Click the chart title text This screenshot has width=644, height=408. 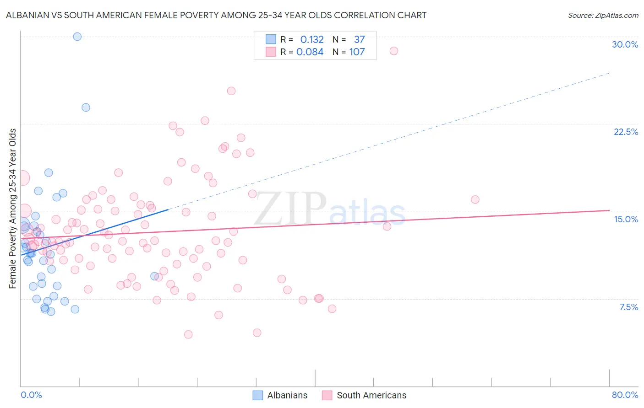click(216, 15)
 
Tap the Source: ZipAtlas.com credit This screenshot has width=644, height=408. click(603, 15)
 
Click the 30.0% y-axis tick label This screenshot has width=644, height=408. click(625, 44)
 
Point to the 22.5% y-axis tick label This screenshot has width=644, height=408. click(626, 132)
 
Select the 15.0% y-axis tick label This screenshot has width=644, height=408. click(626, 219)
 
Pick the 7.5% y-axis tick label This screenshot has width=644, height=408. click(628, 307)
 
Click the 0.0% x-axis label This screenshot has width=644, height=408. click(31, 395)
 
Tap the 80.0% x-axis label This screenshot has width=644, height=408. click(625, 395)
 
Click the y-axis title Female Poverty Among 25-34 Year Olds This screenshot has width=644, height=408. click(13, 209)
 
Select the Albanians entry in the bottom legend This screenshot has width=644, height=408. click(280, 395)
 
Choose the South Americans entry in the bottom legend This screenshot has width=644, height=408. click(364, 395)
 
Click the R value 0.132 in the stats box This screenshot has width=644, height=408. click(312, 39)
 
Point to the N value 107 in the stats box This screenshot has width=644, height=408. click(357, 52)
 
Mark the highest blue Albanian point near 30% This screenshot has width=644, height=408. click(77, 37)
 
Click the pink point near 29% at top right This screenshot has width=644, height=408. click(393, 51)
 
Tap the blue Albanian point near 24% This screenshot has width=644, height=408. click(86, 107)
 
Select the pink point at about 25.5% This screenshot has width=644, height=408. click(231, 91)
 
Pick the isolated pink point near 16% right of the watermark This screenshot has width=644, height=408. click(475, 199)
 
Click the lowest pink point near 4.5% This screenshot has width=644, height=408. click(188, 334)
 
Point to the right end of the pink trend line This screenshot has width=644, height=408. click(609, 210)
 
